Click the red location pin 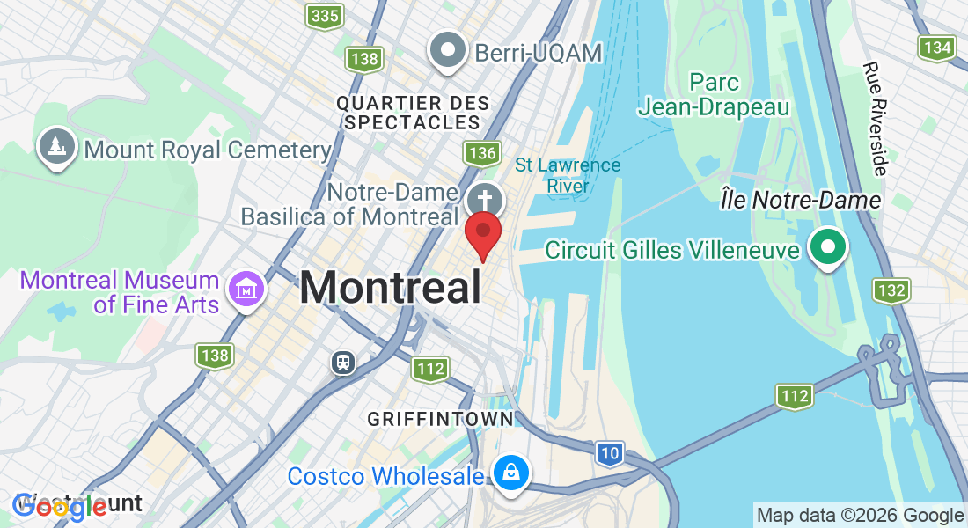coord(482,232)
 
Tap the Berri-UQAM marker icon coord(447,50)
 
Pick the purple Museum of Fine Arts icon coord(246,288)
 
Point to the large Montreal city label coord(391,288)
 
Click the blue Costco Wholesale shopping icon coord(510,473)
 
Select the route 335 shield coord(325,15)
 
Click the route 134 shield coord(936,48)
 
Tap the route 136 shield coord(483,154)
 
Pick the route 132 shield coord(891,290)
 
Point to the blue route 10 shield coord(609,453)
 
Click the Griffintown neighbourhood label coord(440,418)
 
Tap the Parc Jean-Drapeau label coord(714,94)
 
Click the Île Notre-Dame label coord(800,201)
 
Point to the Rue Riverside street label coord(876,119)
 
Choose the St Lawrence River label coord(568,175)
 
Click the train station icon coord(343,362)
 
